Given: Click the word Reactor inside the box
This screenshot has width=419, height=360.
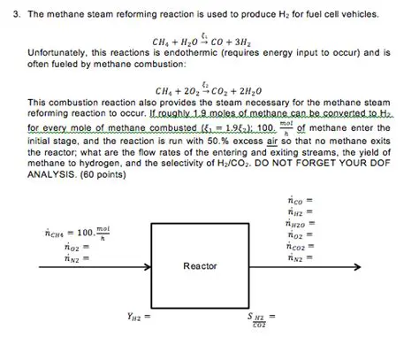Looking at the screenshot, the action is click(200, 265).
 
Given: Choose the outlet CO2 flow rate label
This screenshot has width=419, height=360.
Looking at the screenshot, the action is click(299, 248).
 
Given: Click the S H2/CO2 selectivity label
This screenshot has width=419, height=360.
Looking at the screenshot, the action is click(261, 318).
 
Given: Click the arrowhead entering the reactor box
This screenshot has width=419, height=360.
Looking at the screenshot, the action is click(146, 265).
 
